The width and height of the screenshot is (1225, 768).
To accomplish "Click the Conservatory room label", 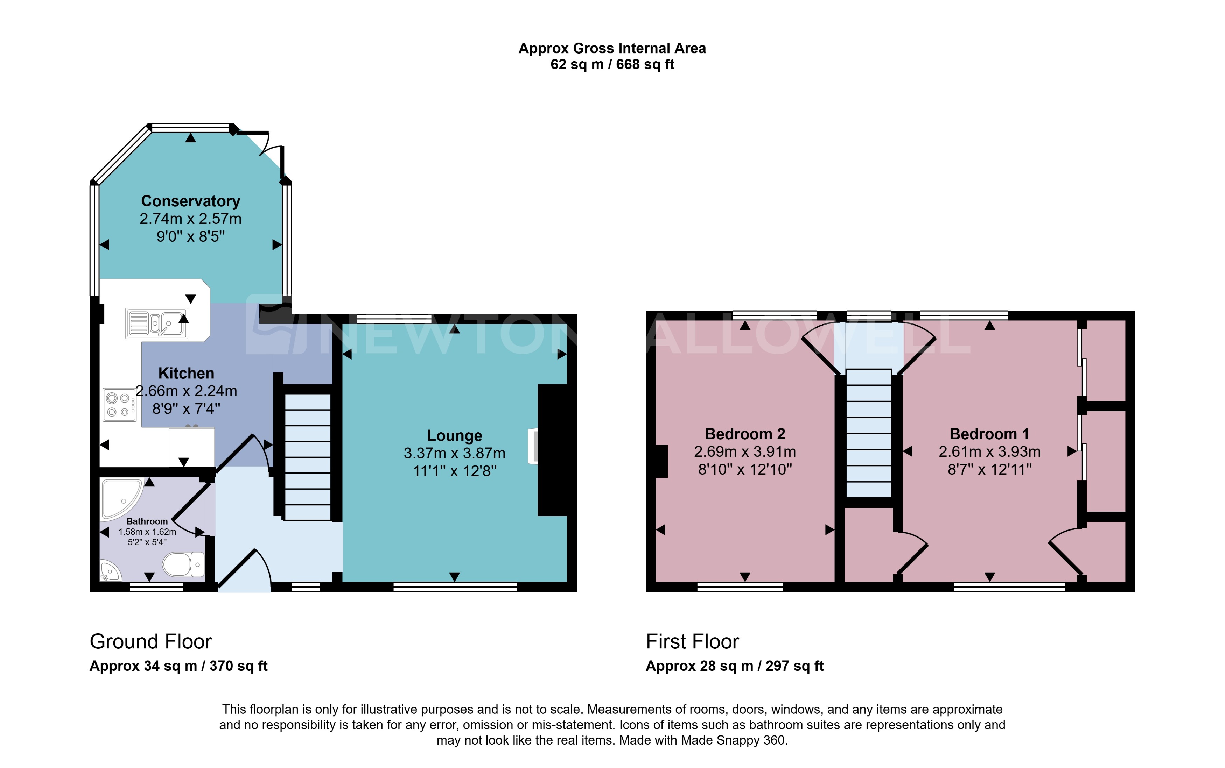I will pyautogui.click(x=191, y=201).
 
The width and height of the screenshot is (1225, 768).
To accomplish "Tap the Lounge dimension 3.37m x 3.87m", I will pyautogui.click(x=454, y=453).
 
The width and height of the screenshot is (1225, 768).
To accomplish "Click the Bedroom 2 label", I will pyautogui.click(x=745, y=434).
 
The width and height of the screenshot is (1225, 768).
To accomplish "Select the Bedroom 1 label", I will pyautogui.click(x=989, y=434).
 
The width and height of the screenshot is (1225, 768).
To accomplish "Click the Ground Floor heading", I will pyautogui.click(x=150, y=641).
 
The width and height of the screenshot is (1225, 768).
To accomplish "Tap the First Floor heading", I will pyautogui.click(x=692, y=641).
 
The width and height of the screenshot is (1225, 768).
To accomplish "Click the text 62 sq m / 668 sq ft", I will pyautogui.click(x=612, y=64).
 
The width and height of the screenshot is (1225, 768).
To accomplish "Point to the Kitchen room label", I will pyautogui.click(x=186, y=374).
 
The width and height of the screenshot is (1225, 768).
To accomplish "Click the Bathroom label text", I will pyautogui.click(x=147, y=521).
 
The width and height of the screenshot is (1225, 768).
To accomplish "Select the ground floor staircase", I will pyautogui.click(x=308, y=457).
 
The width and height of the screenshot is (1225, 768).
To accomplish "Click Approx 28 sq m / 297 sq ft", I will pyautogui.click(x=735, y=666).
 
